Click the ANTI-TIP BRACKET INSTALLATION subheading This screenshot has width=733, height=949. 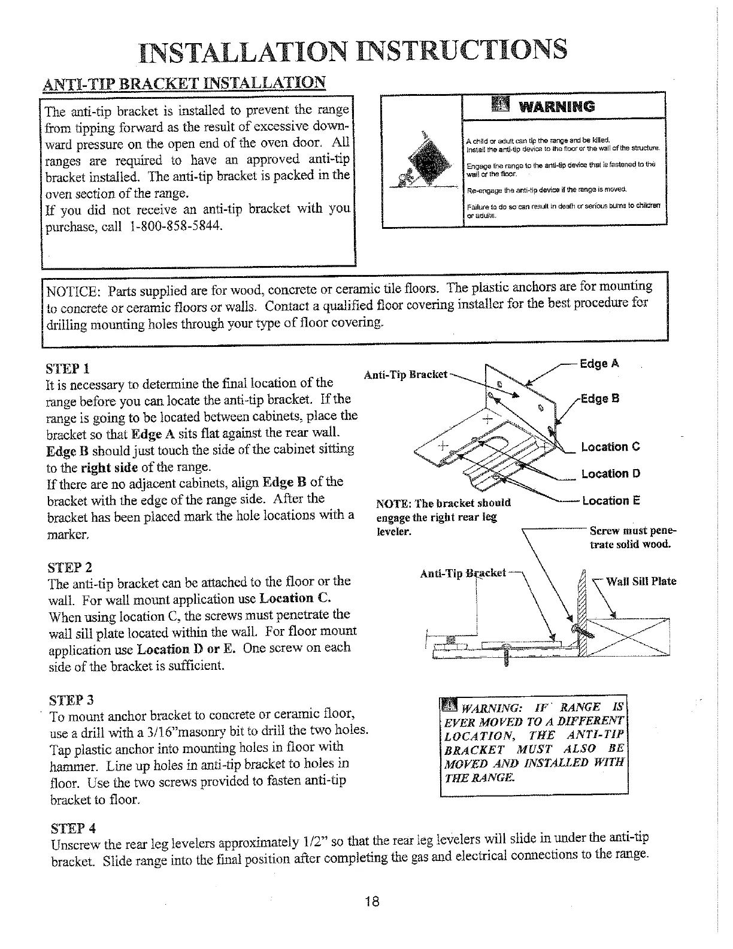[184, 83]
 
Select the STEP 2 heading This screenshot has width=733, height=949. [69, 566]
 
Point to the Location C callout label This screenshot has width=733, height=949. [611, 447]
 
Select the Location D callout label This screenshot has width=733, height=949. [611, 474]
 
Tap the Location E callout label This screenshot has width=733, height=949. [611, 501]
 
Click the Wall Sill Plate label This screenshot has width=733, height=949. [641, 581]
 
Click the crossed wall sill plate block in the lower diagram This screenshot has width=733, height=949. [629, 637]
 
